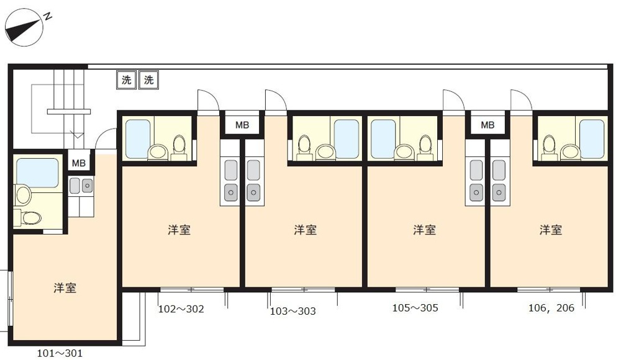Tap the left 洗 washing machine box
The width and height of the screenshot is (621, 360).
126,79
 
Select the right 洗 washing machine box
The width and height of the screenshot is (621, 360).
149,79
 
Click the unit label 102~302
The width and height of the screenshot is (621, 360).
181,308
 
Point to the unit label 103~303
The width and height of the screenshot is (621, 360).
293,311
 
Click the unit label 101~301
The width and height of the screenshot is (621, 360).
60,354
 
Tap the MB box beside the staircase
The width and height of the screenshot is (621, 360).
79,163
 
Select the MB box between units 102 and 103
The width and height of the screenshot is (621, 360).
242,125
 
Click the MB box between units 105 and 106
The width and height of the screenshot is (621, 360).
488,125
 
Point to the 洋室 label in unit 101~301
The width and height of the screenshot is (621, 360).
65,288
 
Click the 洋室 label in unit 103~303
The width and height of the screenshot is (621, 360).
305,230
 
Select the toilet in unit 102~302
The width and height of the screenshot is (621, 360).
179,146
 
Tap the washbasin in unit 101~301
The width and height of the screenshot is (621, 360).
24,196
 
